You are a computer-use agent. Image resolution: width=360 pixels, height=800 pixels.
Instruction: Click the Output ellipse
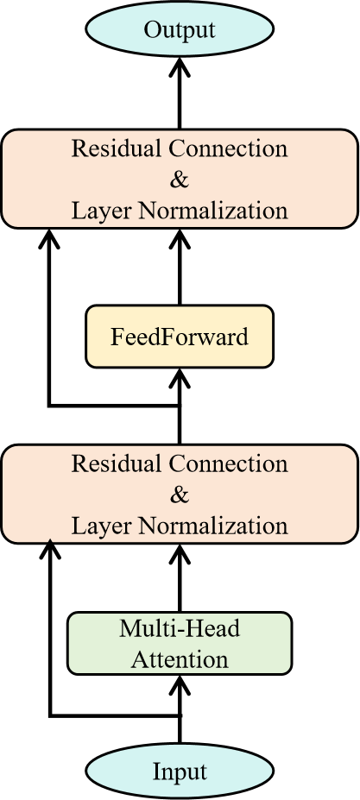pos(180,29)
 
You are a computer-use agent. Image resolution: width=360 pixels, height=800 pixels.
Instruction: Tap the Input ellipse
pos(180,772)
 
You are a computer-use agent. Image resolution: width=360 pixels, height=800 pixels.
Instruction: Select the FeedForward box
pos(180,337)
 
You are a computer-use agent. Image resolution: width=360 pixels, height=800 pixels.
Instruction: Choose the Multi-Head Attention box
pos(180,644)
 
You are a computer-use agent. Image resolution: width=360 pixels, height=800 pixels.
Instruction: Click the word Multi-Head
pos(180,628)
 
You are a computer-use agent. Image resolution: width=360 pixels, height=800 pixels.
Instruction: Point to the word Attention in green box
pos(180,659)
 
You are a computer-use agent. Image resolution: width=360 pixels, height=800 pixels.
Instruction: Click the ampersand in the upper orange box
pos(180,180)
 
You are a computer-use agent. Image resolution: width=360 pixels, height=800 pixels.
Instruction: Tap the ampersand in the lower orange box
pos(180,494)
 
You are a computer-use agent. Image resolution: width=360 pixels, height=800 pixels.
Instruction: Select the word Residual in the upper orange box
pos(117,148)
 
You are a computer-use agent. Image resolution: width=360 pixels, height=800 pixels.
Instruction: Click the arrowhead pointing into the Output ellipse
pos(180,67)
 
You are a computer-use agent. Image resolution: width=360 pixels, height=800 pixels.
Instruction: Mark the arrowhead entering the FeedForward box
pos(180,379)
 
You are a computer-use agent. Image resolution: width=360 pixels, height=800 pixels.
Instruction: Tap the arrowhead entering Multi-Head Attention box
pos(180,686)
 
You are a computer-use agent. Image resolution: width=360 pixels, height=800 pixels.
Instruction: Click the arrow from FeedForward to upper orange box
pos(180,267)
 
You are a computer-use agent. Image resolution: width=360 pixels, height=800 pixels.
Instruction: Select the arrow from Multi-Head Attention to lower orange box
pos(180,578)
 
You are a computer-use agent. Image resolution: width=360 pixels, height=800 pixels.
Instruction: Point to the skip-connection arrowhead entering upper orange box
pos(49,239)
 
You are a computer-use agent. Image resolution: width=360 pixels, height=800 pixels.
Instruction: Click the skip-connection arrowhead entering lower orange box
pos(49,549)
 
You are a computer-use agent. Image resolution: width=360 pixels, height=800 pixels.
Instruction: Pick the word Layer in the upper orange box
pos(101,211)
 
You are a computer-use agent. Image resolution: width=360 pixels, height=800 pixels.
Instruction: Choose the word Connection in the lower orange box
pos(228,463)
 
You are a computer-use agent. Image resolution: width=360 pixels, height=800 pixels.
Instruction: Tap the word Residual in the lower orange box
pos(117,463)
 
